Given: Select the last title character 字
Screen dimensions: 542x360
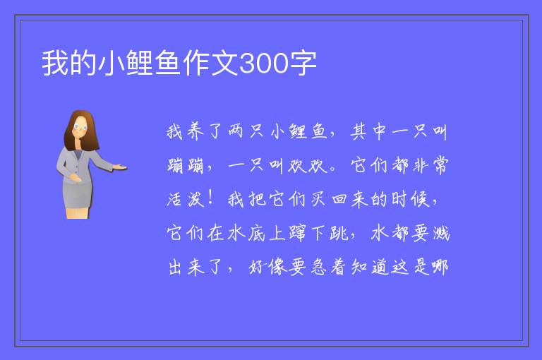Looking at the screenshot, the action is pyautogui.click(x=303, y=63).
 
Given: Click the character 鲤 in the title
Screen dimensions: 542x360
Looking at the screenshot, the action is pyautogui.click(x=140, y=63).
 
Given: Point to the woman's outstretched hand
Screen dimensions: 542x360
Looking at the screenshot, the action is pyautogui.click(x=119, y=167).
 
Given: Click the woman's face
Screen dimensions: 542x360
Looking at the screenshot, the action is pyautogui.click(x=80, y=126).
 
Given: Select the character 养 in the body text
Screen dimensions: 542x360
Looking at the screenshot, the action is pyautogui.click(x=196, y=131).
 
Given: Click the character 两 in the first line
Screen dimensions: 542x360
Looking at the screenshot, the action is pyautogui.click(x=236, y=131).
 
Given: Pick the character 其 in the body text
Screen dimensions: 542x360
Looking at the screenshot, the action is pyautogui.click(x=359, y=131).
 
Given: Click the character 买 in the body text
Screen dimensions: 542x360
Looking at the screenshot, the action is pyautogui.click(x=318, y=199).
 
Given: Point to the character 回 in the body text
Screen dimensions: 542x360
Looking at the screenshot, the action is pyautogui.click(x=339, y=200).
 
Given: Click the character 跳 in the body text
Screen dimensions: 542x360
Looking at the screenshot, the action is pyautogui.click(x=339, y=233).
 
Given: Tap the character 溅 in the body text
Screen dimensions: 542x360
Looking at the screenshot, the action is pyautogui.click(x=440, y=233).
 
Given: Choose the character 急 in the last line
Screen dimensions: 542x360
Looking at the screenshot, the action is pyautogui.click(x=318, y=267).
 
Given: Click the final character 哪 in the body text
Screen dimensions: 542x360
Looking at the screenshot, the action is pyautogui.click(x=440, y=267).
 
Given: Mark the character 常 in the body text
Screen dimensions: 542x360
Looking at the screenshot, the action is pyautogui.click(x=440, y=165).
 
